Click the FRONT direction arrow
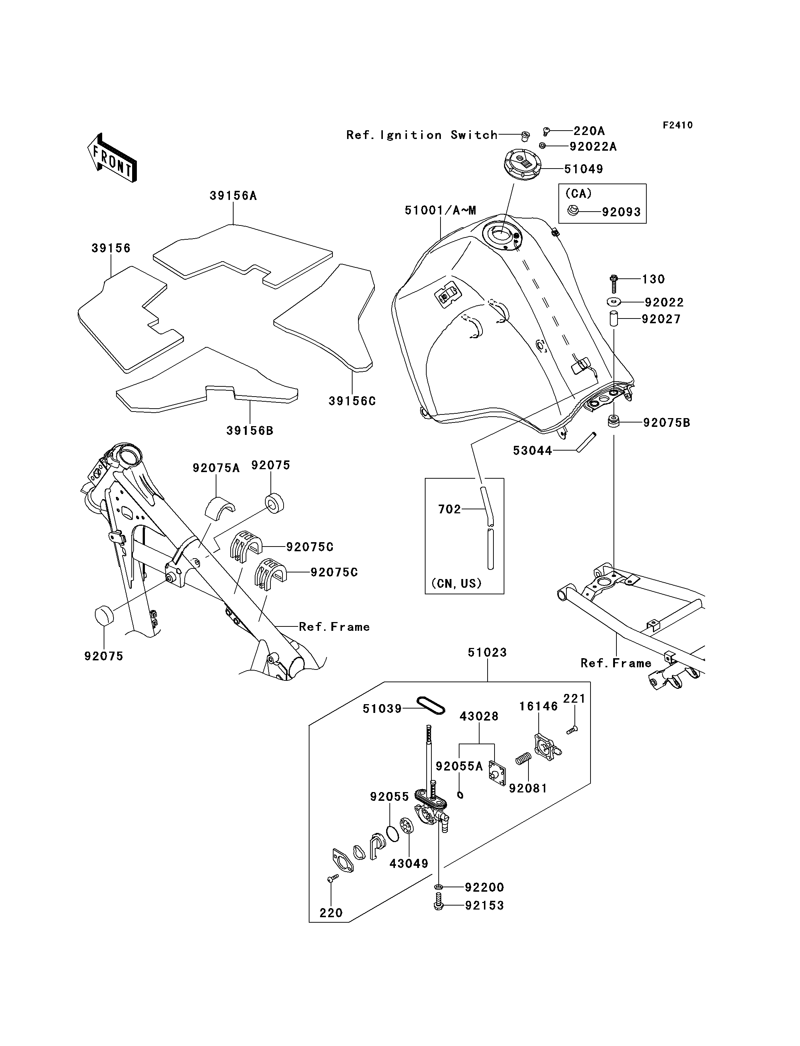pyautogui.click(x=112, y=158)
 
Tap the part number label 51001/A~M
pyautogui.click(x=441, y=211)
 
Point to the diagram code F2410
pyautogui.click(x=678, y=125)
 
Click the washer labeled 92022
pyautogui.click(x=614, y=301)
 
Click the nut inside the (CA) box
pyautogui.click(x=574, y=210)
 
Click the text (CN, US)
pyautogui.click(x=456, y=583)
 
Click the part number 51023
pyautogui.click(x=487, y=652)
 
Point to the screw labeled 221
pyautogui.click(x=572, y=729)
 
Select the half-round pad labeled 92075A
pyautogui.click(x=220, y=507)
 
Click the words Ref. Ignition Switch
pyautogui.click(x=422, y=135)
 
